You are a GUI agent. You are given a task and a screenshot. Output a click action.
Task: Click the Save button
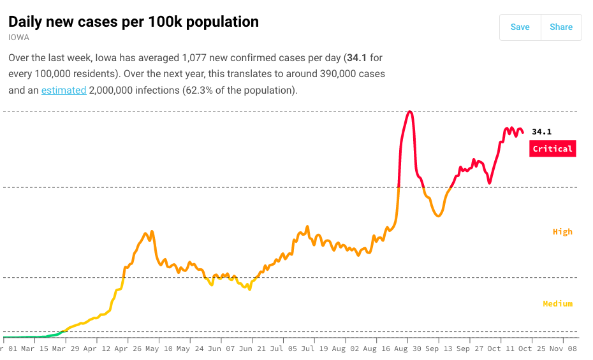click(520, 27)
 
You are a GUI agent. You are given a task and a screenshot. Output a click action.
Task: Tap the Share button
click(561, 27)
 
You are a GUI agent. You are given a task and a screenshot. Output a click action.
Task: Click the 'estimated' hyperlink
click(64, 90)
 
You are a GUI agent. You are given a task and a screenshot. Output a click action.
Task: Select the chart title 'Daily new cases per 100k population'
click(133, 22)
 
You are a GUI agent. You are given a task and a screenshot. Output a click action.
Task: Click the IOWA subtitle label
click(18, 38)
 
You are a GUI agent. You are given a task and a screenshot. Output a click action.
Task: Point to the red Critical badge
click(552, 148)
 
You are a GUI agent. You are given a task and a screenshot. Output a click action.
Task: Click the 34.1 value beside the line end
click(541, 132)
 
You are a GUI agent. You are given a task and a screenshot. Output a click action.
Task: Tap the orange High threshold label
click(562, 232)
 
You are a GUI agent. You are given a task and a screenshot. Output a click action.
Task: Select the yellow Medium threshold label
click(557, 304)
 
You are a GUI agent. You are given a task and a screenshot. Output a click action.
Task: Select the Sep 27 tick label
click(470, 349)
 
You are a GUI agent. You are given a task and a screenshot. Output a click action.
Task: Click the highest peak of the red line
click(410, 112)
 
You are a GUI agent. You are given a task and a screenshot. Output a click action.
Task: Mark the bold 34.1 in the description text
click(356, 57)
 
